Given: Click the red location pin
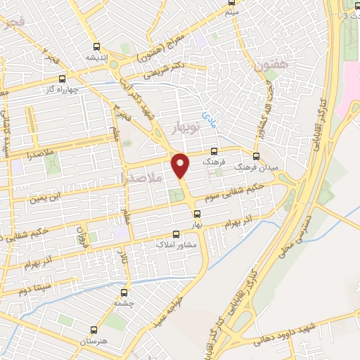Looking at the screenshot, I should (x=181, y=166).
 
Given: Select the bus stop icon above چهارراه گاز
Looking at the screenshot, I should (x=63, y=79).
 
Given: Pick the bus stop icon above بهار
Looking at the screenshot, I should (x=196, y=214).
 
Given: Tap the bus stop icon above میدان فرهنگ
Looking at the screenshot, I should (x=255, y=156).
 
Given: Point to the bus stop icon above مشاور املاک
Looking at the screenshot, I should (x=176, y=236).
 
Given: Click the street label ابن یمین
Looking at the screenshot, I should (x=50, y=197).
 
